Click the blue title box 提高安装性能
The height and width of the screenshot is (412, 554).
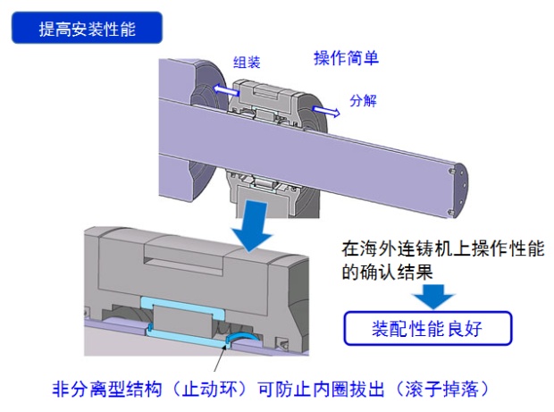click(x=88, y=28)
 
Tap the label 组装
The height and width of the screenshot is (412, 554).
click(x=247, y=63)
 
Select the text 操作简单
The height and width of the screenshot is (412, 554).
click(x=347, y=58)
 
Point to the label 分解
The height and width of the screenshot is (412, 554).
click(x=363, y=101)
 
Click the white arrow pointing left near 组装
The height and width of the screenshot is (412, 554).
click(x=226, y=89)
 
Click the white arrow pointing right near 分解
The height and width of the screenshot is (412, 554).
click(x=326, y=111)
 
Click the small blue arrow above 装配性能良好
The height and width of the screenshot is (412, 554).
click(x=433, y=296)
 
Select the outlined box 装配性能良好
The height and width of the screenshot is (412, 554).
click(x=428, y=328)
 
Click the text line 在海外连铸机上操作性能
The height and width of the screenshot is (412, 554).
click(x=442, y=248)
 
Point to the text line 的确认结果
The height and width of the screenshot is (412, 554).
click(x=387, y=272)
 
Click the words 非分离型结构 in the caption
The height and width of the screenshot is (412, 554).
click(x=107, y=389)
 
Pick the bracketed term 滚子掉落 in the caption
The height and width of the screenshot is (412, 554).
click(x=441, y=389)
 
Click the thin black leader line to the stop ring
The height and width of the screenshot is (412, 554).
click(x=220, y=359)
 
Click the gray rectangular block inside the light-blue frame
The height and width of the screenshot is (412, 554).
click(x=182, y=321)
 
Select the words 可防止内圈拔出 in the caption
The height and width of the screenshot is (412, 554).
click(x=321, y=389)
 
